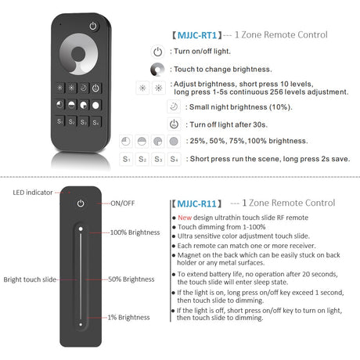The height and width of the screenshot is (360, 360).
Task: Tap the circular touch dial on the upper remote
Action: pyautogui.click(x=78, y=57)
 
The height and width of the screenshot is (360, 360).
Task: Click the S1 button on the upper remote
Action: pyautogui.click(x=60, y=122)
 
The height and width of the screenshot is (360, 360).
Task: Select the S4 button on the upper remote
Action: pyautogui.click(x=96, y=122)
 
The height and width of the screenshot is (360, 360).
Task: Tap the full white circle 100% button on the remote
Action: pyautogui.click(x=96, y=104)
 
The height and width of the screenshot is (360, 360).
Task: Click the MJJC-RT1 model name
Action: pyautogui.click(x=196, y=34)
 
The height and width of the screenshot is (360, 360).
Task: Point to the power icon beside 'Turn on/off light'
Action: pyautogui.click(x=157, y=52)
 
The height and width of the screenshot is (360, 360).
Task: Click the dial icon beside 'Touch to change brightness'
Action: pyautogui.click(x=157, y=70)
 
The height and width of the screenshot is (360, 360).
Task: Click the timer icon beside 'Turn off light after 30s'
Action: pyautogui.click(x=173, y=124)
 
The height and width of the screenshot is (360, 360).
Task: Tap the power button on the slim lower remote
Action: pyautogui.click(x=80, y=203)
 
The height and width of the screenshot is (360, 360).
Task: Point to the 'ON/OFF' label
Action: pyautogui.click(x=123, y=203)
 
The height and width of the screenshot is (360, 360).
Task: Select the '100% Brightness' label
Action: pyautogui.click(x=135, y=232)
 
